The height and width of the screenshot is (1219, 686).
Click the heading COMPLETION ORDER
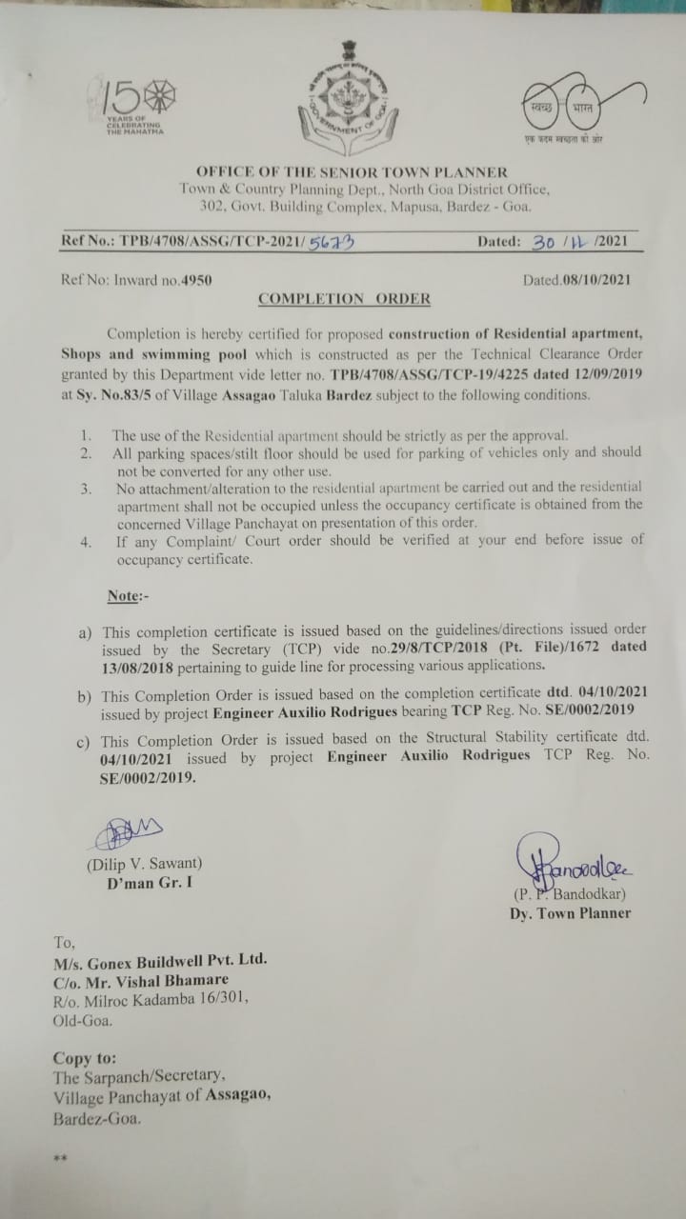tap(344, 299)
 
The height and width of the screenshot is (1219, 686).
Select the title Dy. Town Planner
tap(570, 913)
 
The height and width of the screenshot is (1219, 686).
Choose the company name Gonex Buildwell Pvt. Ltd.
tap(160, 961)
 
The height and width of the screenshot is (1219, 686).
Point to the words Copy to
tap(85, 1058)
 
